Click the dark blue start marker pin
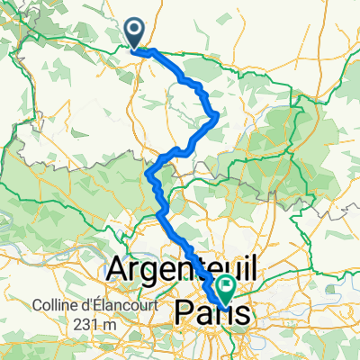point(135,33)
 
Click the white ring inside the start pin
point(135,31)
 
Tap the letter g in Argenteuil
point(149,270)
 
